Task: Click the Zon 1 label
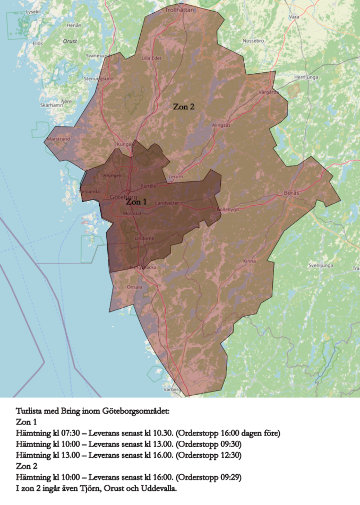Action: click(x=136, y=202)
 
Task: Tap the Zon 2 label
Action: click(x=184, y=107)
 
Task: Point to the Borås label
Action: click(x=292, y=192)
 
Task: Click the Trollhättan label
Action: click(x=180, y=10)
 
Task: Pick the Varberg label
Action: click(x=172, y=389)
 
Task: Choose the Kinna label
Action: click(x=249, y=261)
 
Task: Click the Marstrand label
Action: click(x=58, y=138)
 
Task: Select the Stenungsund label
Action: click(x=99, y=79)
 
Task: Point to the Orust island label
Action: click(x=70, y=41)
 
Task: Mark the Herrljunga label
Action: click(x=306, y=77)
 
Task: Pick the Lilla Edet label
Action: click(x=151, y=58)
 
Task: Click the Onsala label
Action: click(x=135, y=286)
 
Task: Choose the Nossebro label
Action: click(x=253, y=40)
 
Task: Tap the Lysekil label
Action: click(x=33, y=11)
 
